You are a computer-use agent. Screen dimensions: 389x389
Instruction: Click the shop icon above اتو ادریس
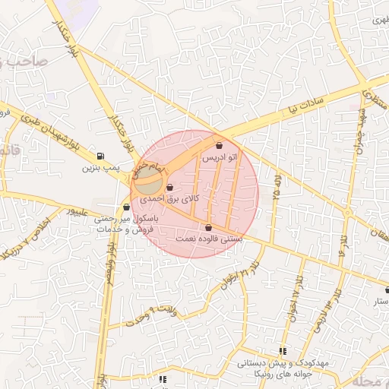[x=220, y=145]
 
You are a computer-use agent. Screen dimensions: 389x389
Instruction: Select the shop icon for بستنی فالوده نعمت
[x=209, y=227]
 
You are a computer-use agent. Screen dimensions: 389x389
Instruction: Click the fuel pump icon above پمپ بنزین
[x=102, y=155]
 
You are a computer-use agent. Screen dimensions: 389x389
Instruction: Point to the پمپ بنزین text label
[x=102, y=166]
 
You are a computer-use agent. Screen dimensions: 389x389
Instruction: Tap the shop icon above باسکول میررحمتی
[x=126, y=206]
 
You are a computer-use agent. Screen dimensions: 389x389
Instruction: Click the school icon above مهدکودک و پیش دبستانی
[x=283, y=351]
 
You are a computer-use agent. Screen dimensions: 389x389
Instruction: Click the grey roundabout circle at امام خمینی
[x=148, y=182]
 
